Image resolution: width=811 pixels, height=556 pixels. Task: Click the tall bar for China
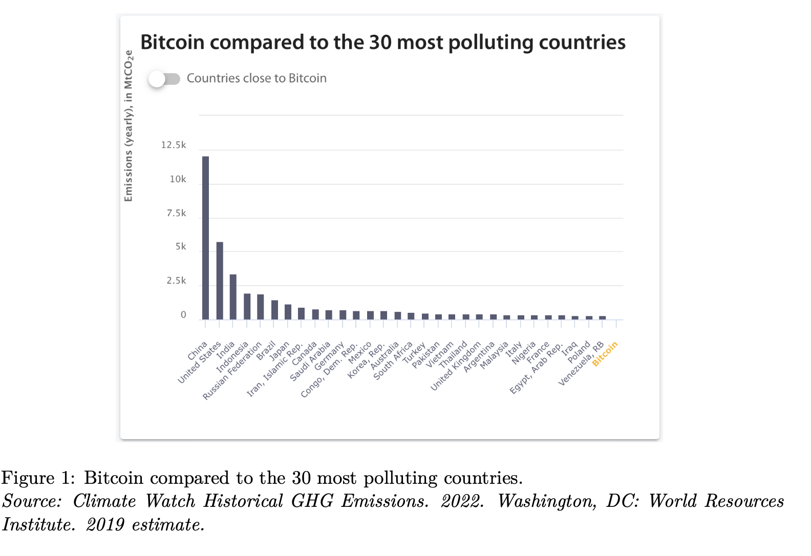(x=205, y=238)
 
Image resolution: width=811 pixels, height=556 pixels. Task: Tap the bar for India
(x=233, y=297)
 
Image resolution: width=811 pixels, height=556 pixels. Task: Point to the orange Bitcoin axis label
(x=605, y=354)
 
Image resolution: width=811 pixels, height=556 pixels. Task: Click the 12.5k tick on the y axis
(x=174, y=145)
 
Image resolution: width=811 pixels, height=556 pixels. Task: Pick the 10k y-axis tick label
(x=178, y=179)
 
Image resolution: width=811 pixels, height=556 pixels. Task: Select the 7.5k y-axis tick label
(x=176, y=213)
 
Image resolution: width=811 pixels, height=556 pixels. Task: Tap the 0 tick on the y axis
(x=183, y=315)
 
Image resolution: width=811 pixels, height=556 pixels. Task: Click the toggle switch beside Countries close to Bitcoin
(x=164, y=79)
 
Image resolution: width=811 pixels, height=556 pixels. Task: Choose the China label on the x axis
(x=198, y=351)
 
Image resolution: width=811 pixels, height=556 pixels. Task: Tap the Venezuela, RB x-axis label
(x=581, y=364)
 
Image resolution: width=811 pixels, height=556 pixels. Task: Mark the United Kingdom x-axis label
(x=456, y=366)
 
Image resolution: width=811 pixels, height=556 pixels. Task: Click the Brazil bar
(x=274, y=310)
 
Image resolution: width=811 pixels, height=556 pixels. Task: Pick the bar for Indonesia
(x=247, y=306)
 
